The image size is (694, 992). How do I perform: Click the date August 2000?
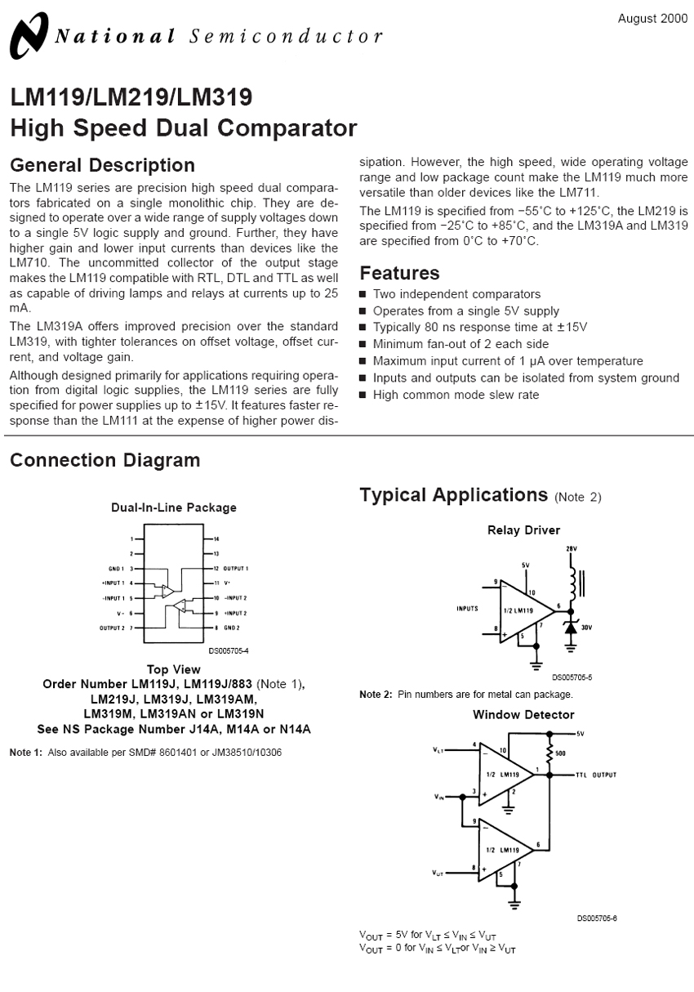coord(652,18)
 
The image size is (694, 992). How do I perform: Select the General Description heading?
coord(102,165)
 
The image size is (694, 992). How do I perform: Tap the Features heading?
coord(399,273)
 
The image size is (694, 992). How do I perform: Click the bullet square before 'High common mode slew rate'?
coord(363,395)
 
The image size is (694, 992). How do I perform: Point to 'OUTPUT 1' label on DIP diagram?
coord(236,568)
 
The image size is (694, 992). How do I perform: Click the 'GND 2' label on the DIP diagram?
coord(231,628)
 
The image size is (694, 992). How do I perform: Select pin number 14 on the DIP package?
coord(216,539)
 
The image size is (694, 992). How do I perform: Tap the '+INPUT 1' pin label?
coord(112,583)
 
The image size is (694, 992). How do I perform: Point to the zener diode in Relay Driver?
coord(571,626)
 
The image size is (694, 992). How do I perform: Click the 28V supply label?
coord(571,549)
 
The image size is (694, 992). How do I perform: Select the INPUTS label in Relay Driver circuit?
coord(467,609)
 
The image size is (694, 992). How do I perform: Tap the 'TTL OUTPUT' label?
coord(596,775)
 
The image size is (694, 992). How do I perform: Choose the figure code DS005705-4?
coord(229,651)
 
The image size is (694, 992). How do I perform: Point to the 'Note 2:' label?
coord(376,695)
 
